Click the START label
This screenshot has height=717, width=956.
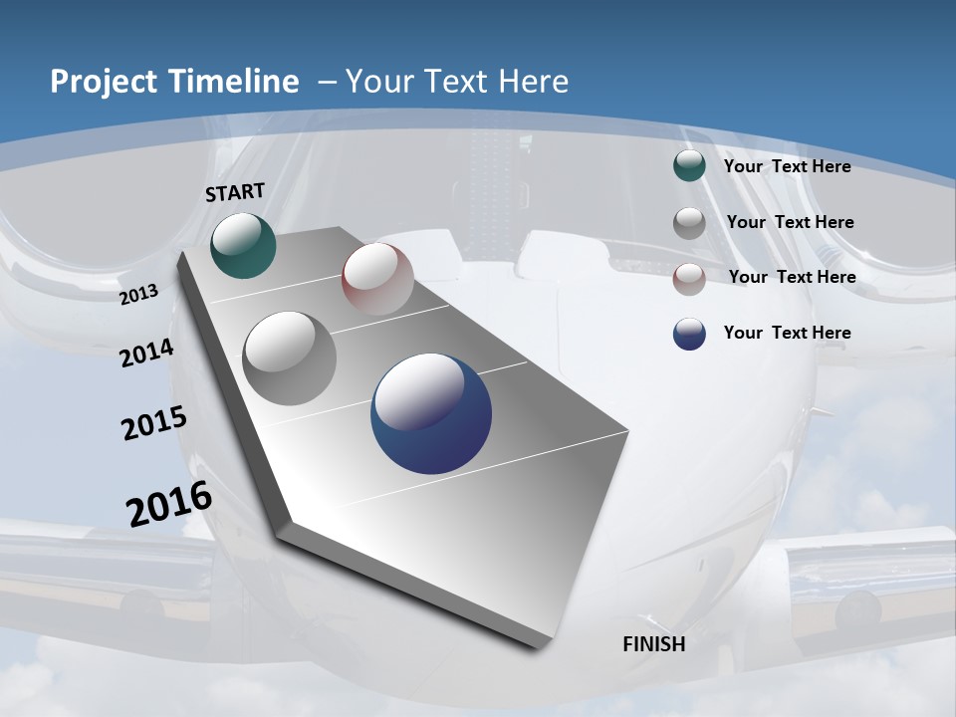pyautogui.click(x=235, y=192)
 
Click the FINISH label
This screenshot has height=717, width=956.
pyautogui.click(x=654, y=644)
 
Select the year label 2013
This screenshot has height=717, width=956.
pyautogui.click(x=138, y=294)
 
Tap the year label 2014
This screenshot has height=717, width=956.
pyautogui.click(x=146, y=354)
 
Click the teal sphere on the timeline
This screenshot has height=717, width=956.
pyautogui.click(x=243, y=245)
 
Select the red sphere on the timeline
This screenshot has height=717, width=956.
pyautogui.click(x=377, y=279)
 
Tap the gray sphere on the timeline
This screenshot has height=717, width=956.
pyautogui.click(x=290, y=358)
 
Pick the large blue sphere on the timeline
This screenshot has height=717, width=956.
pyautogui.click(x=431, y=413)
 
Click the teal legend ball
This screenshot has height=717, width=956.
pyautogui.click(x=689, y=166)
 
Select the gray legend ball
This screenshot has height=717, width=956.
pyautogui.click(x=689, y=223)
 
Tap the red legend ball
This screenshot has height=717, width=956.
pyautogui.click(x=689, y=279)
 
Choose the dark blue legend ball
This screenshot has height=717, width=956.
pyautogui.click(x=689, y=334)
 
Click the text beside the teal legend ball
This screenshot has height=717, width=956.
pyautogui.click(x=787, y=166)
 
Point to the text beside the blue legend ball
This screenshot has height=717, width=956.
pyautogui.click(x=787, y=333)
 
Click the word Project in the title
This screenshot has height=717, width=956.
pyautogui.click(x=104, y=82)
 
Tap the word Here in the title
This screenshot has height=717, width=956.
pyautogui.click(x=533, y=82)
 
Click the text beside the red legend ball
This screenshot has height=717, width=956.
pyautogui.click(x=792, y=277)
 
